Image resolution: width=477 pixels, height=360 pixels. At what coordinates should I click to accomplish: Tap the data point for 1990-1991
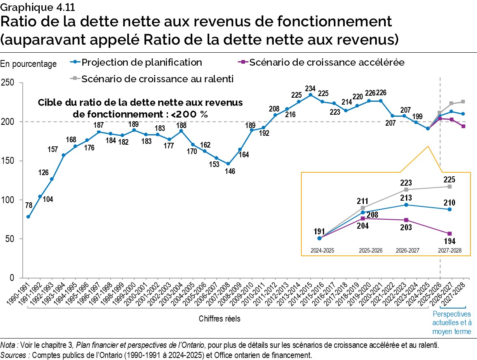[28, 216]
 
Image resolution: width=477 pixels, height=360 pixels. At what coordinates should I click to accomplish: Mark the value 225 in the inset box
[449, 179]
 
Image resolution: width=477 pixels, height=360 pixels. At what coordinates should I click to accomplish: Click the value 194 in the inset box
[449, 242]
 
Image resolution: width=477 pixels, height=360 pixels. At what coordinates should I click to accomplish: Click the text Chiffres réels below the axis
[219, 319]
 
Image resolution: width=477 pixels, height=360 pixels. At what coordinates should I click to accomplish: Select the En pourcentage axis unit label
[28, 64]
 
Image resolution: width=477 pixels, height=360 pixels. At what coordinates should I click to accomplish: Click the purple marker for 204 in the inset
[363, 219]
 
